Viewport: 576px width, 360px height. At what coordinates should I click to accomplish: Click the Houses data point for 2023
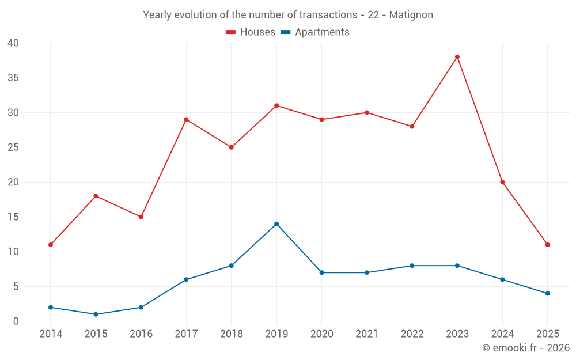tap(457, 57)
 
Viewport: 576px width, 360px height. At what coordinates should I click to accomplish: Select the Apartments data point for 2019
tap(276, 224)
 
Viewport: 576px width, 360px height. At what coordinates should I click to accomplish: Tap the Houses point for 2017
tap(186, 120)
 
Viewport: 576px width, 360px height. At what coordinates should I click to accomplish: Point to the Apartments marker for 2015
tap(96, 314)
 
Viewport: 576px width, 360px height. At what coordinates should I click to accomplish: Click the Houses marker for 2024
tap(502, 182)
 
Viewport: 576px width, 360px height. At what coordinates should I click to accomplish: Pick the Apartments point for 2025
tap(548, 294)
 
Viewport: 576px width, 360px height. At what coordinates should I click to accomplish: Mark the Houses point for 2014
tap(51, 245)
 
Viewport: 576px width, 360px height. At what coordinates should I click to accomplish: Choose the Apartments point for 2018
tap(231, 266)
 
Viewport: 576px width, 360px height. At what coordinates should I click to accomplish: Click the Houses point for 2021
tap(367, 113)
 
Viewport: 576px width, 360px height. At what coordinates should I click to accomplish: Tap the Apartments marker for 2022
tap(412, 266)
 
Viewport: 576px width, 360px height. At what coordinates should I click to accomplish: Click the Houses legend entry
tap(251, 32)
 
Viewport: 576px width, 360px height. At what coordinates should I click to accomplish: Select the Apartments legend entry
tap(315, 32)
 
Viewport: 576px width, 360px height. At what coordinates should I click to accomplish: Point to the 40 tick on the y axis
tap(13, 43)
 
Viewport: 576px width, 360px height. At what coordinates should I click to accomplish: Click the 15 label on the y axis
tap(13, 217)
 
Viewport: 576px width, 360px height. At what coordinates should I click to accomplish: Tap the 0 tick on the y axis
tap(16, 321)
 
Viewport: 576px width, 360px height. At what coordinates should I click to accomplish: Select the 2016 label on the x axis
tap(141, 334)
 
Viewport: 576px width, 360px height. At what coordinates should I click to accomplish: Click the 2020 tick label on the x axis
tap(321, 334)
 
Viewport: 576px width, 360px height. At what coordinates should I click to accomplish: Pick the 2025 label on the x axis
tap(548, 334)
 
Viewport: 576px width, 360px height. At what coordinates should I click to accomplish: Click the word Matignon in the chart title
tap(411, 15)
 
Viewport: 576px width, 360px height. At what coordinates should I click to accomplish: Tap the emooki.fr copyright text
tap(526, 348)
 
